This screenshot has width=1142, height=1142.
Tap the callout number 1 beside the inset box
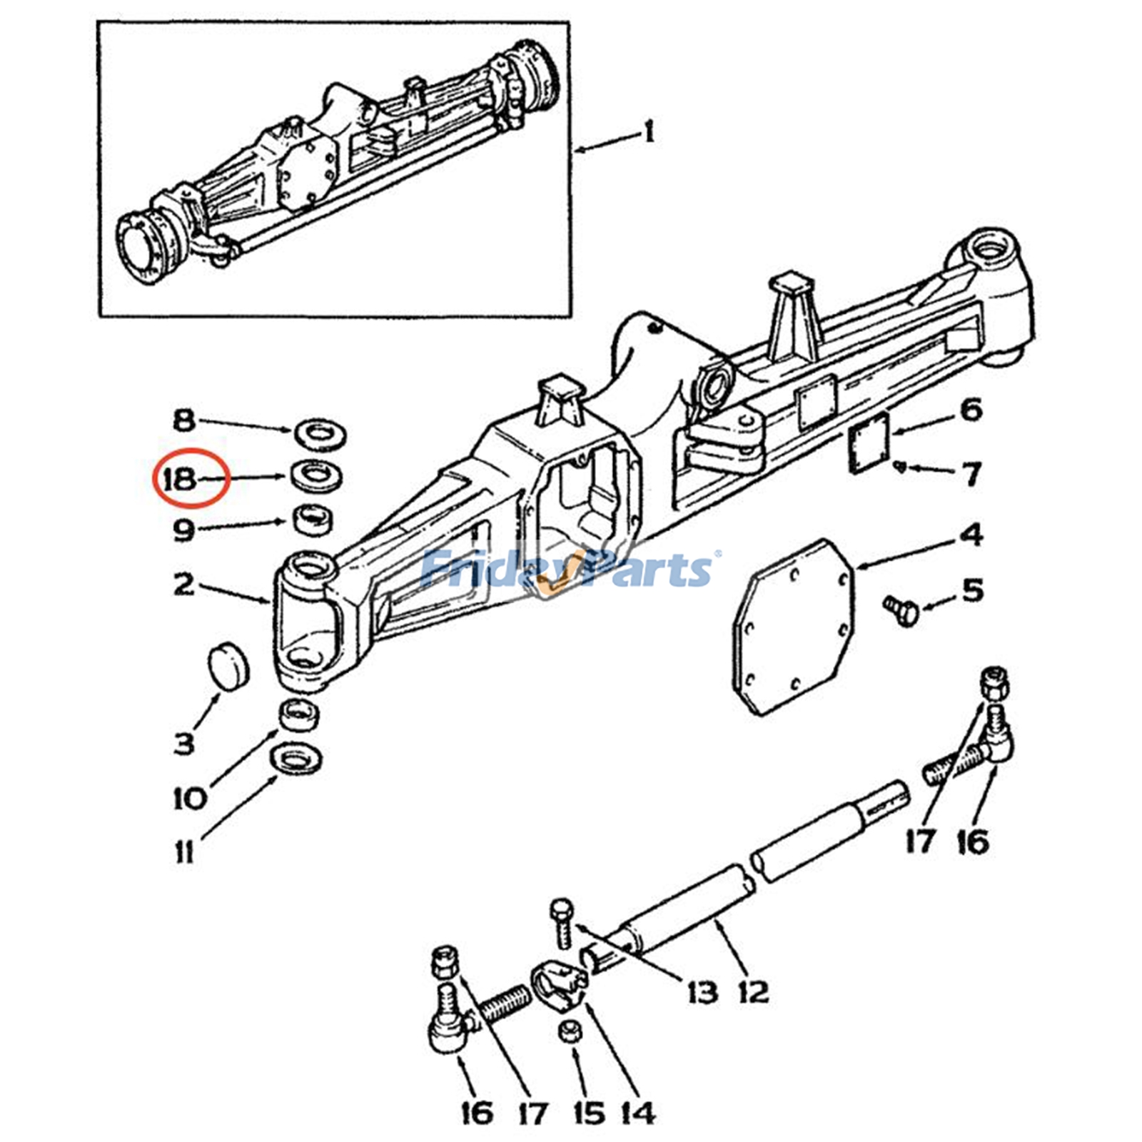[x=649, y=133]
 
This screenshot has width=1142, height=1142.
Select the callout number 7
[x=972, y=473]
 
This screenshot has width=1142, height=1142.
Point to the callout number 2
[x=183, y=584]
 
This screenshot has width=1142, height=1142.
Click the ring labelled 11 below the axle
[x=295, y=759]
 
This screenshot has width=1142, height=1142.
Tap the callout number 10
[x=190, y=798]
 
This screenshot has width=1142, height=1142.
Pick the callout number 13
[x=702, y=991]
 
